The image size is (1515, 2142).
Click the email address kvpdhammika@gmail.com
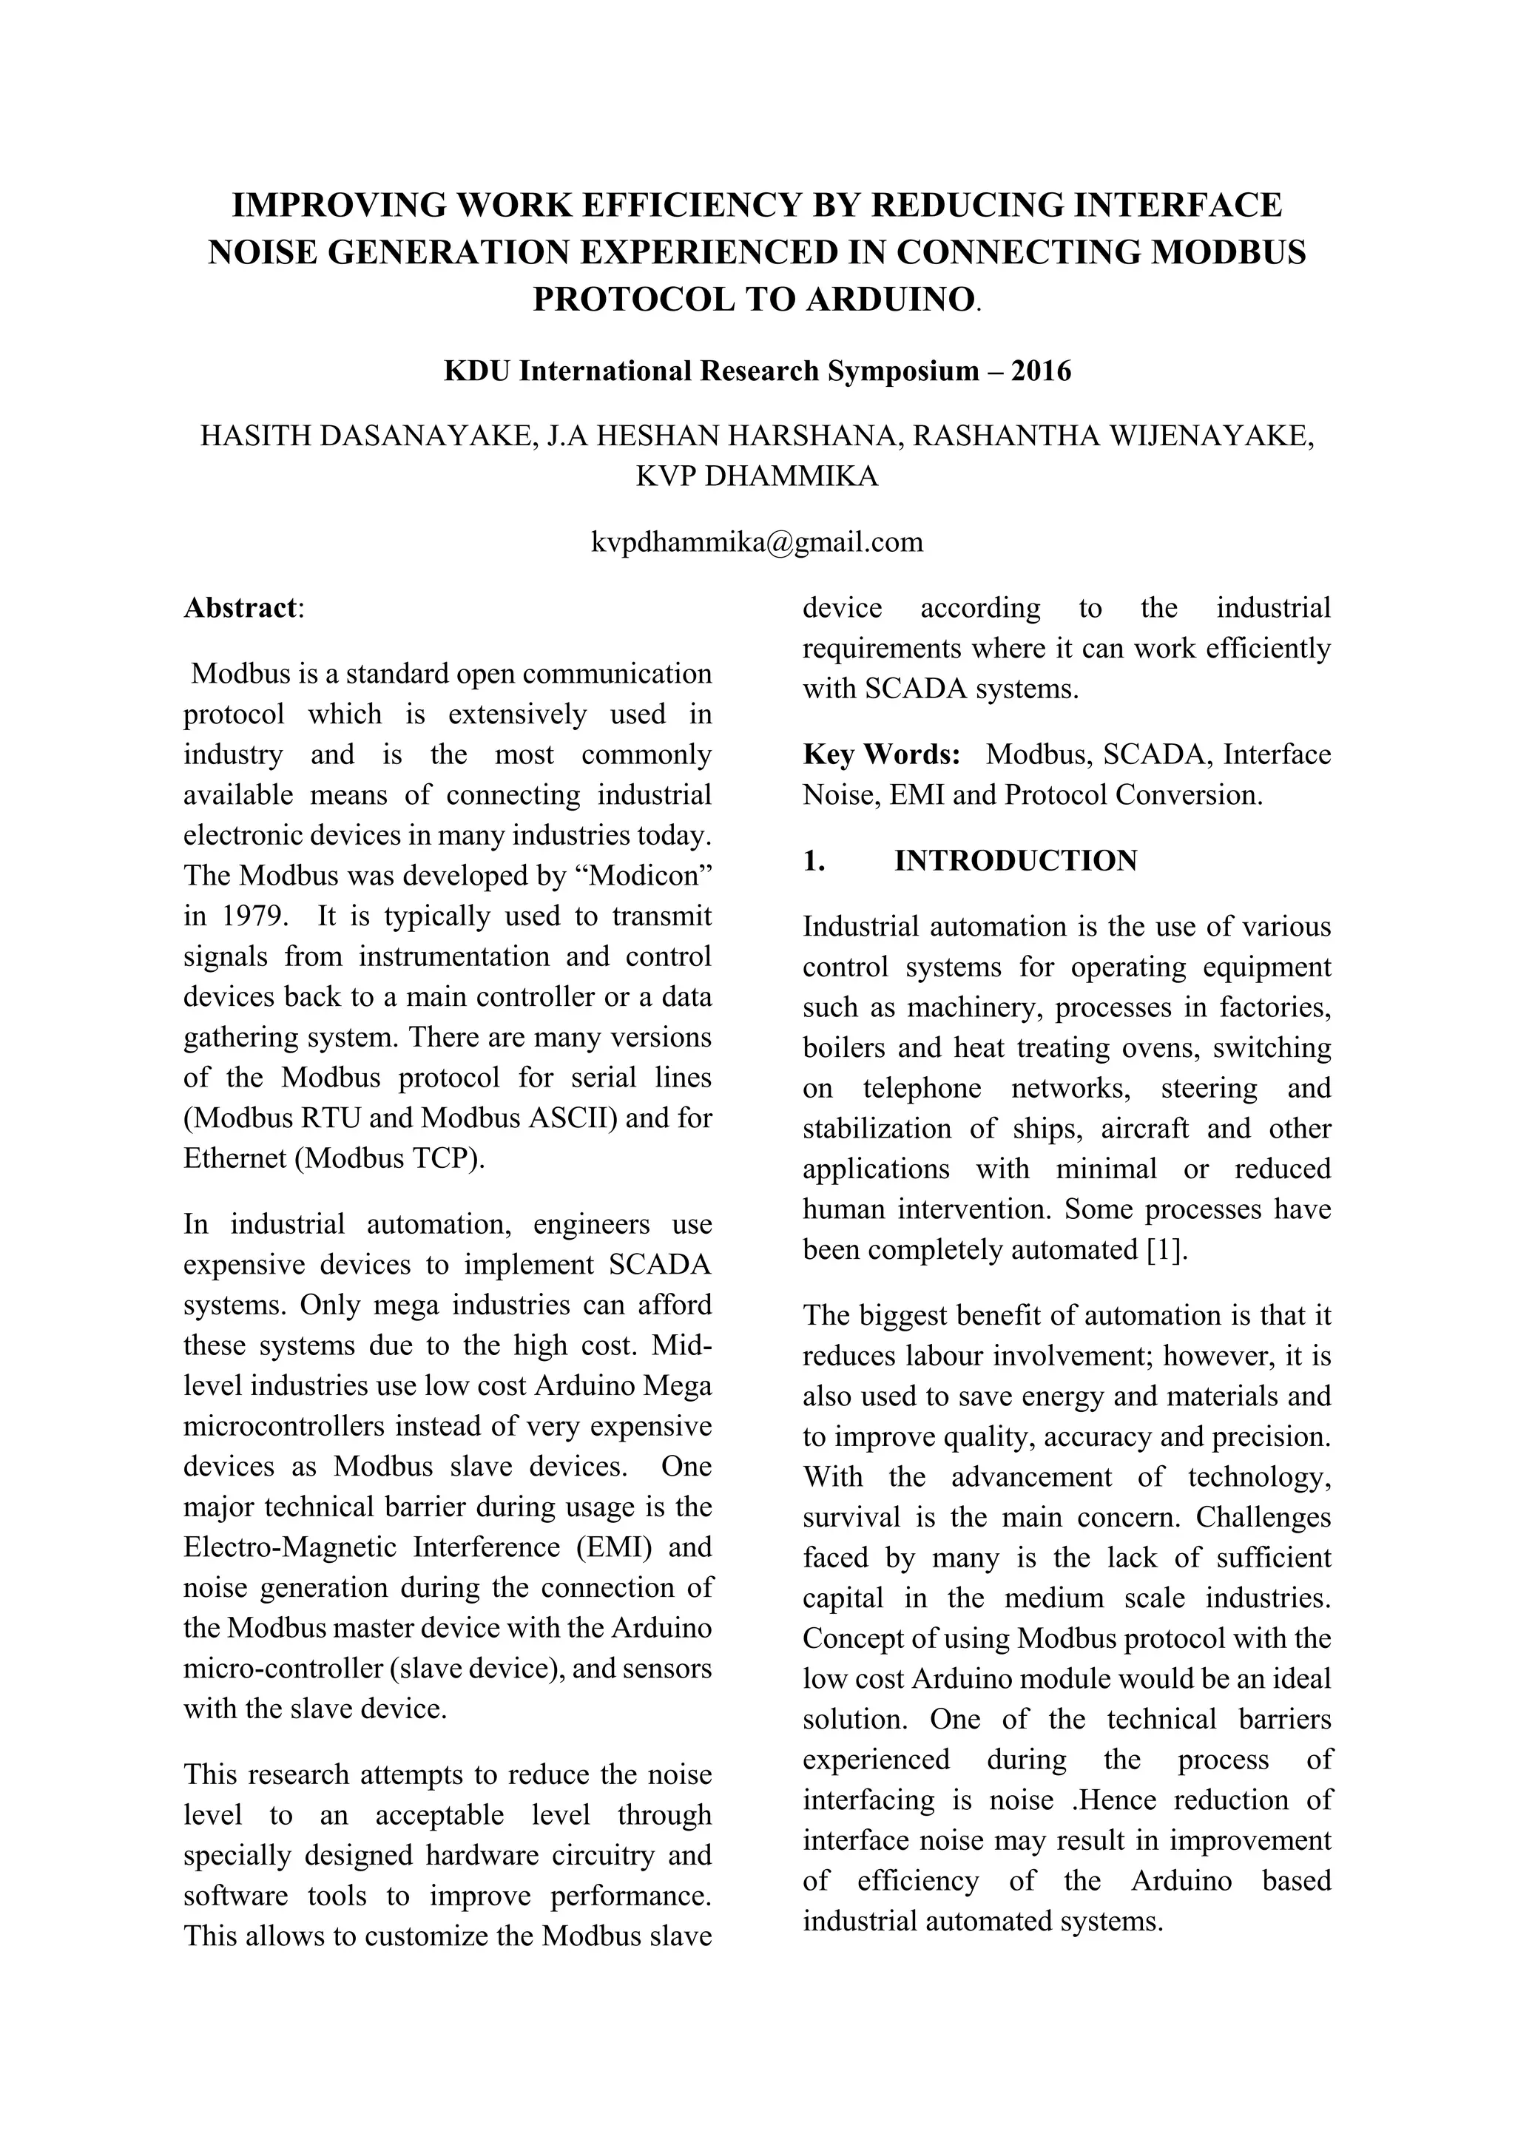757,542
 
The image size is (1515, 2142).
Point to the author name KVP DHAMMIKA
757,476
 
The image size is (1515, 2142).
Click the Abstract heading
240,607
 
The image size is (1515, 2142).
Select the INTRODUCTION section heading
1015,860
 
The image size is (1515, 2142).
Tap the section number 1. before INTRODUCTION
814,860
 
